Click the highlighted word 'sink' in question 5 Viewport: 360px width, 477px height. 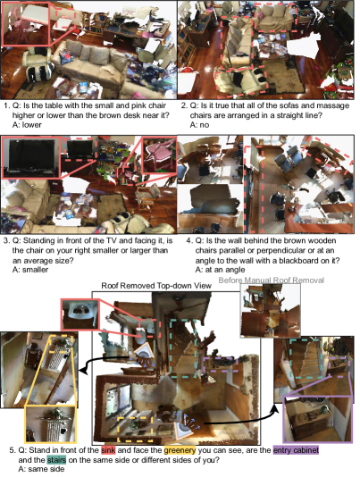[x=108, y=450]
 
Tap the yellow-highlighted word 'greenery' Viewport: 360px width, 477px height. [x=180, y=450]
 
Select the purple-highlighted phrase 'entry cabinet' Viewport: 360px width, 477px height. [x=296, y=450]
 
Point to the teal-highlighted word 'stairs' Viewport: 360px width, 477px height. [x=56, y=460]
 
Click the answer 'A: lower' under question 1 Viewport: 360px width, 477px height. [x=27, y=125]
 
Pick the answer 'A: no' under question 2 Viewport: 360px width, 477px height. [x=199, y=125]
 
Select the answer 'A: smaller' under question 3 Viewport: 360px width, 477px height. [x=30, y=270]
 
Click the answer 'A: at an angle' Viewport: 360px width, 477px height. [x=220, y=270]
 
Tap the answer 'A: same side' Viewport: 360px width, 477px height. [x=41, y=469]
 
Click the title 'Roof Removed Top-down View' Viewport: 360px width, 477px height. [x=156, y=286]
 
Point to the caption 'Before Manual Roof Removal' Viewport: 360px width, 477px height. [x=272, y=280]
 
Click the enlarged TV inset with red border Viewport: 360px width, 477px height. [x=31, y=157]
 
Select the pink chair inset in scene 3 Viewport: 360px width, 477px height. [x=159, y=155]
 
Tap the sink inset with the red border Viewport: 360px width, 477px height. [x=80, y=314]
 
